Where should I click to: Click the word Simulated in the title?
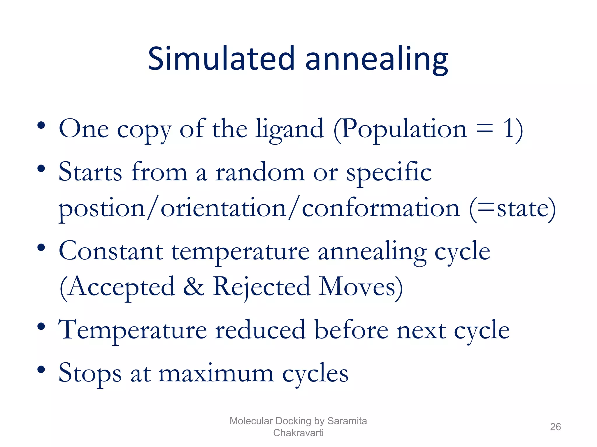(221, 59)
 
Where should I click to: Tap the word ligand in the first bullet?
(289, 129)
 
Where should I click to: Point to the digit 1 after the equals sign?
(509, 128)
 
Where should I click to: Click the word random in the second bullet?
(260, 172)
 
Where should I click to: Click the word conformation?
(381, 208)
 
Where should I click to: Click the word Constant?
(111, 251)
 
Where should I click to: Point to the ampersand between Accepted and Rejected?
(194, 287)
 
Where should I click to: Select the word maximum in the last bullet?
(216, 373)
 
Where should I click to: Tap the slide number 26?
(555, 427)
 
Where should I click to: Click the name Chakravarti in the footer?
(298, 433)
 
